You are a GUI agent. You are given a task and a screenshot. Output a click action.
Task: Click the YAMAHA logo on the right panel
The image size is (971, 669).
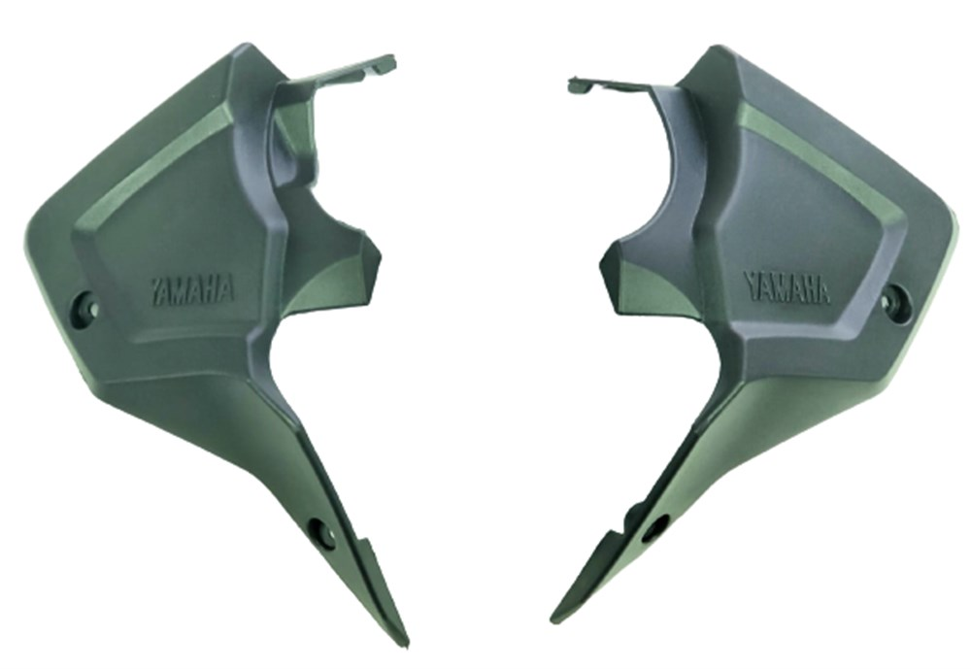[x=787, y=286]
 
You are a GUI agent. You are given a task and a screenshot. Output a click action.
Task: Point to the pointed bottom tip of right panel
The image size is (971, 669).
[x=555, y=619]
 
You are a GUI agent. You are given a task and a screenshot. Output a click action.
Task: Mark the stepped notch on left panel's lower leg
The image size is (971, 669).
[x=361, y=540]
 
